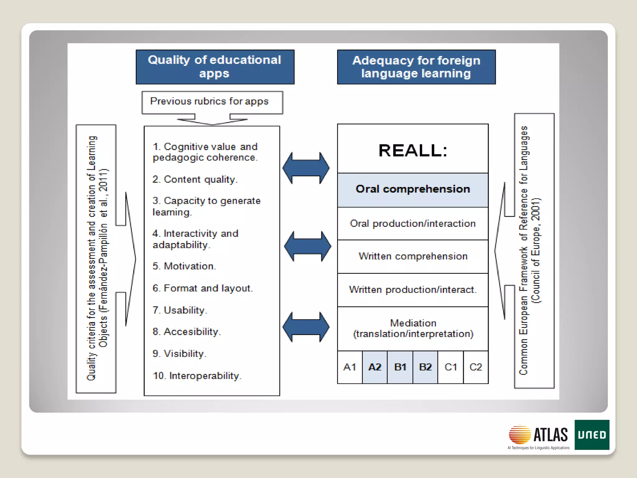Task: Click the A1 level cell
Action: point(350,367)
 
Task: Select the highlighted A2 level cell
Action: point(375,367)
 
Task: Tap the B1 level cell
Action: point(400,367)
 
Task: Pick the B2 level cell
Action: point(425,367)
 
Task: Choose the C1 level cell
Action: point(451,367)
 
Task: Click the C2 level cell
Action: point(476,367)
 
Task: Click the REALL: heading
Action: point(413,150)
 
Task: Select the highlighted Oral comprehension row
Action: point(413,190)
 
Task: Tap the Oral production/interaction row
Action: point(413,223)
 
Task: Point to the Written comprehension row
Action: point(413,256)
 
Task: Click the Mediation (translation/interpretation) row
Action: point(413,329)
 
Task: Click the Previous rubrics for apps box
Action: point(212,102)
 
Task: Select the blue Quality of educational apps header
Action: point(215,67)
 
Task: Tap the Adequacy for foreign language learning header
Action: point(416,67)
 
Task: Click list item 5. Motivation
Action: point(184,266)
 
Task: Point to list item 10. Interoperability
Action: point(197,376)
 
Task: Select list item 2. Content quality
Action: point(195,180)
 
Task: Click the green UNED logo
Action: point(592,435)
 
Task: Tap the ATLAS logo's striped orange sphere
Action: point(520,434)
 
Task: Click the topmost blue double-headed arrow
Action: point(306,168)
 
